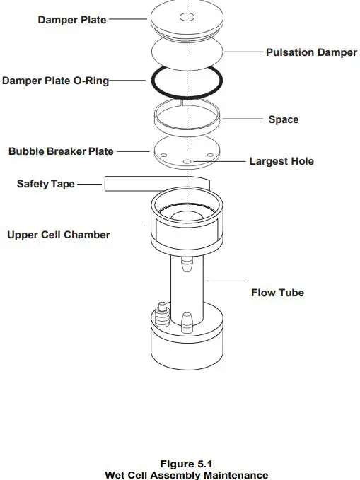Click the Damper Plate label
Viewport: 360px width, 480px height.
[72, 20]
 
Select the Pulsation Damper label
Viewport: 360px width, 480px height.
[311, 52]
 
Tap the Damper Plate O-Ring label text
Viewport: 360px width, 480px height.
[55, 81]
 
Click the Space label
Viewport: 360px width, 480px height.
[283, 119]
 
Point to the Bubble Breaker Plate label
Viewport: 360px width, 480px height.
[61, 151]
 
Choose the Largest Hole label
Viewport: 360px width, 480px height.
[281, 161]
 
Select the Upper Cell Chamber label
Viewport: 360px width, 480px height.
[59, 234]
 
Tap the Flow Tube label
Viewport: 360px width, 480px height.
[277, 292]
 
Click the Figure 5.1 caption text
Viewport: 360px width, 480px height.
[187, 464]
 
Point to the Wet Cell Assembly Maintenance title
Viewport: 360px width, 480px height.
[187, 475]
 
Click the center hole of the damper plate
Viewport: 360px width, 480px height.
[187, 17]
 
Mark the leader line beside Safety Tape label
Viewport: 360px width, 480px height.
[90, 185]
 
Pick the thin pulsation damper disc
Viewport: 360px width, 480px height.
[187, 52]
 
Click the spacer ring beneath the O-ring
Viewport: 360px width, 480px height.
[187, 117]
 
